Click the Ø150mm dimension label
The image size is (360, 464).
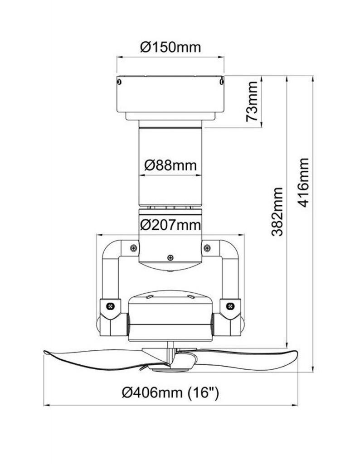(170, 47)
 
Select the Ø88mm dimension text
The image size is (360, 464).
(170, 165)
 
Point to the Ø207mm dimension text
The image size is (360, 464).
(170, 224)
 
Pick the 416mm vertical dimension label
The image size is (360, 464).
(303, 182)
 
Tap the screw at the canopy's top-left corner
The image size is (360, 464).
(119, 82)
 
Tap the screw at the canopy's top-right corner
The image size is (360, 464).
(221, 82)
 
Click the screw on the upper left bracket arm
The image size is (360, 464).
(133, 247)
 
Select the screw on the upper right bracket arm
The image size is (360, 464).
(207, 247)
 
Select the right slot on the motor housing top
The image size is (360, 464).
(191, 297)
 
